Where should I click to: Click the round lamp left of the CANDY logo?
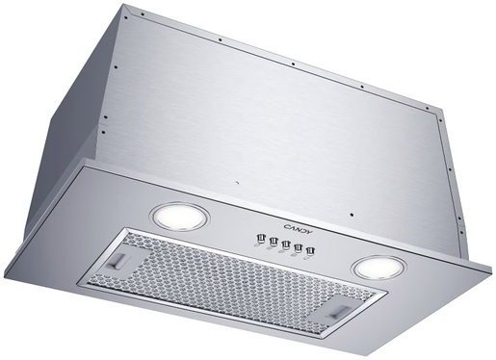coord(180,217)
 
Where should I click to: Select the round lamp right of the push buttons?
coord(379,268)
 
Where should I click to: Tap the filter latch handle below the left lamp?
coord(118,260)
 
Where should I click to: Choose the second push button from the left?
coord(274,242)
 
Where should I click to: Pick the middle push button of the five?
coord(285,245)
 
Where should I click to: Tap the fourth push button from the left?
coord(298,248)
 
